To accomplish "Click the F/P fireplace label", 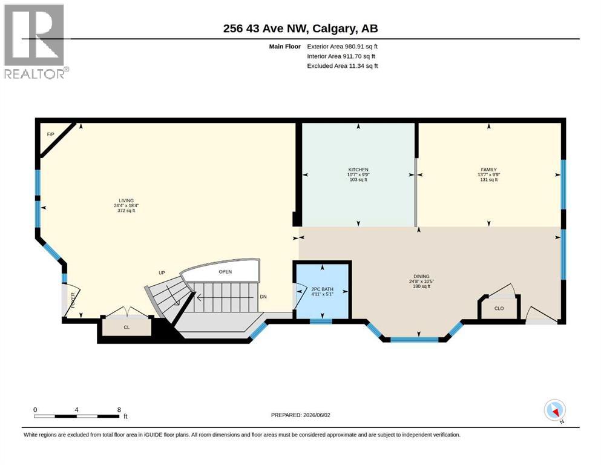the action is [x=51, y=134].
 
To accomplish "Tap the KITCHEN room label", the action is [x=358, y=170].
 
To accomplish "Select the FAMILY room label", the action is [x=488, y=170].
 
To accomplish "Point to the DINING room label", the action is [x=421, y=276].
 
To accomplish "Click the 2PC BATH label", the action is [x=323, y=289].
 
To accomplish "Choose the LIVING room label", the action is [x=126, y=200].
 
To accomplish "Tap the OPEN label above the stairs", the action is [x=225, y=272].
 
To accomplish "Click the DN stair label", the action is [x=263, y=297].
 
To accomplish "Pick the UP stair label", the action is [x=162, y=273].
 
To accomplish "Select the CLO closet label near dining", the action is [x=499, y=308].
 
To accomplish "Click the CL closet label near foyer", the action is [x=126, y=327].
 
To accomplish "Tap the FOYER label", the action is [x=73, y=300].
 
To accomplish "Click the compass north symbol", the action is [x=554, y=411].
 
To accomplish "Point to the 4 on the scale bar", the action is [x=77, y=410].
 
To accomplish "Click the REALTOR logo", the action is [x=36, y=41].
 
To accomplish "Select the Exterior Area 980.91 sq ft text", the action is [x=343, y=47].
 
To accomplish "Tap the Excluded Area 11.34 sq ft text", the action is [x=343, y=66].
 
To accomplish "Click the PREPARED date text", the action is [x=300, y=415].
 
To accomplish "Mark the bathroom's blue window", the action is [x=321, y=322].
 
